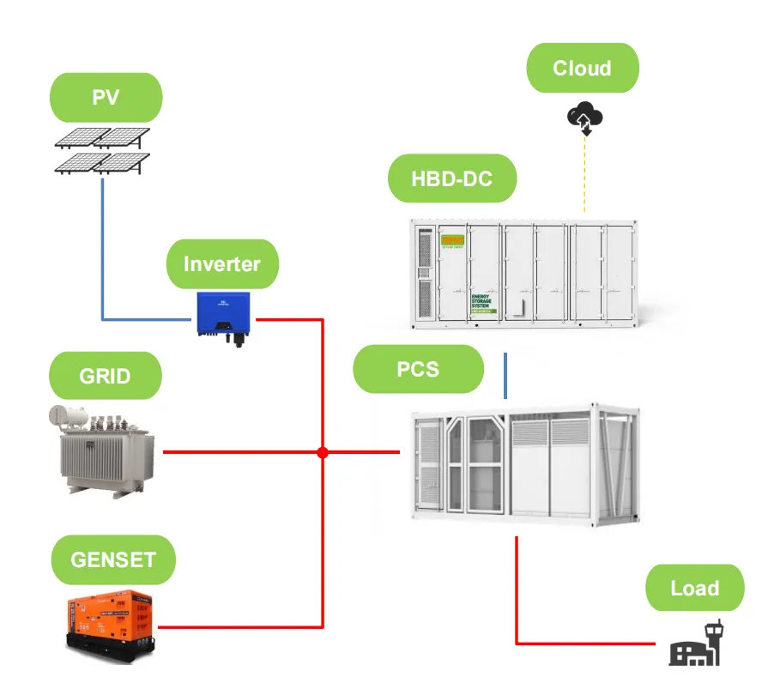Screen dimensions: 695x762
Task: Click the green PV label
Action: [x=106, y=97]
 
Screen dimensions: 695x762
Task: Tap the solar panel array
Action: [x=102, y=150]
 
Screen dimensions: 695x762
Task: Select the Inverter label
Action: [x=221, y=263]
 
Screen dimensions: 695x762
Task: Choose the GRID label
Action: [x=106, y=376]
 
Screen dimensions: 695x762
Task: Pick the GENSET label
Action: [x=113, y=560]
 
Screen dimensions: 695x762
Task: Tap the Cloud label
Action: [x=582, y=69]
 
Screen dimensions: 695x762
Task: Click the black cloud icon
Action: [x=584, y=118]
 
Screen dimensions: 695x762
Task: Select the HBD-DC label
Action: [x=451, y=178]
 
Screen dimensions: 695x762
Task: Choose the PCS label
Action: [x=419, y=369]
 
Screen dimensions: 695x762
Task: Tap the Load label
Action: [x=694, y=588]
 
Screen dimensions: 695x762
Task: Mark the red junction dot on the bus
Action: [x=323, y=451]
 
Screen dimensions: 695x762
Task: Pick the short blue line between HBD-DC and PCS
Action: [x=505, y=376]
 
